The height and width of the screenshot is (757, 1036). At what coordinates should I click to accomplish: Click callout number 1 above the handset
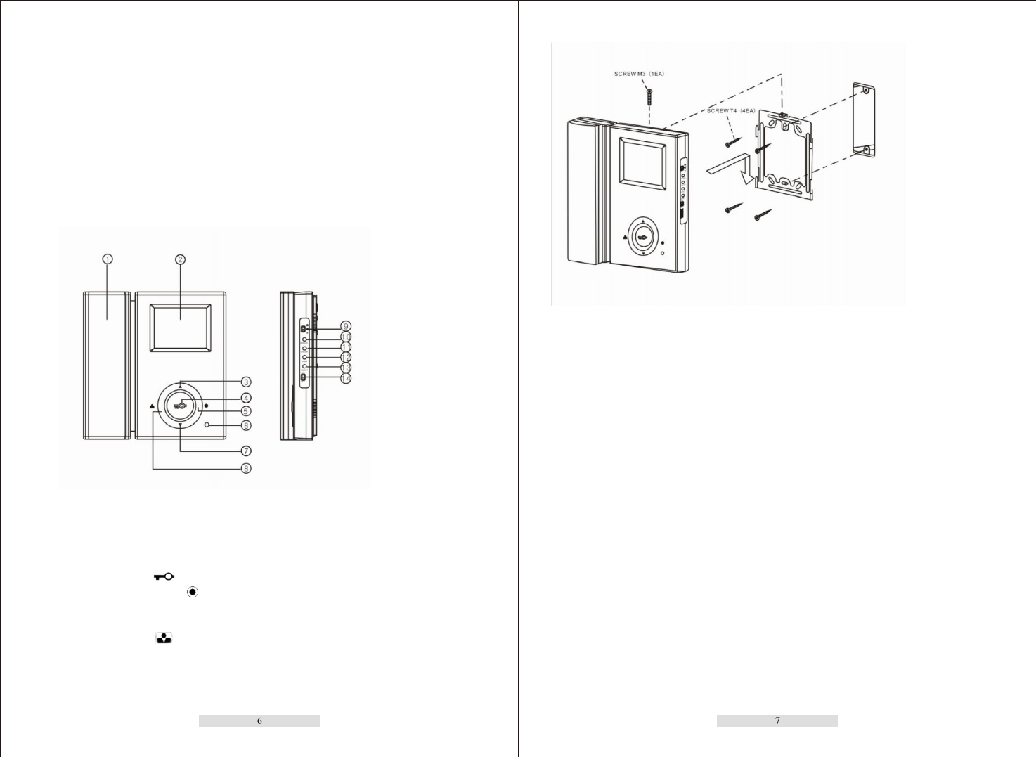coord(108,259)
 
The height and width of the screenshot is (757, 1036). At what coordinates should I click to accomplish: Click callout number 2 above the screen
coord(180,259)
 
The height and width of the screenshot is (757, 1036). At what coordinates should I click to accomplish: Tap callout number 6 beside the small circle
coord(246,425)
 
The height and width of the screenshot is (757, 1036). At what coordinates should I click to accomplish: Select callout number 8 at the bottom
coord(246,468)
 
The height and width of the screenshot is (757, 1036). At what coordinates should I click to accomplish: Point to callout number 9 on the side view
coord(345,326)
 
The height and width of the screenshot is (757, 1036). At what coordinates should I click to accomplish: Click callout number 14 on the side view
coord(345,379)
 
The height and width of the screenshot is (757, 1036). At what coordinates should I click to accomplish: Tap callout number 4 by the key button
coord(246,398)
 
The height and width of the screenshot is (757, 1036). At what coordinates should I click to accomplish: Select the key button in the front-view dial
coord(181,405)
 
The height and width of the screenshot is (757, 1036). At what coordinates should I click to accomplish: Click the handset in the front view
coord(107,365)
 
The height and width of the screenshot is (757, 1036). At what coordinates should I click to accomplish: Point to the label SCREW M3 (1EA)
coord(639,74)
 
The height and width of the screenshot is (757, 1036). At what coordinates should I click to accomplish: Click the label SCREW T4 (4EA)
coord(731,111)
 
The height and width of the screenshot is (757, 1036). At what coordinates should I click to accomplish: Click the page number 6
coord(259,720)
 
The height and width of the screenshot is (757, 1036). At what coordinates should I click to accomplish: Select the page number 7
coord(777,720)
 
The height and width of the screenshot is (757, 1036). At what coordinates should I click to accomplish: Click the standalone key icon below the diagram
coord(164,576)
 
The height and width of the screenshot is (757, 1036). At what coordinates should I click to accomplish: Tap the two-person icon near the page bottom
coord(164,638)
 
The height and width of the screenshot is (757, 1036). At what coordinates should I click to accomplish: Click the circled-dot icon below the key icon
coord(192,593)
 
